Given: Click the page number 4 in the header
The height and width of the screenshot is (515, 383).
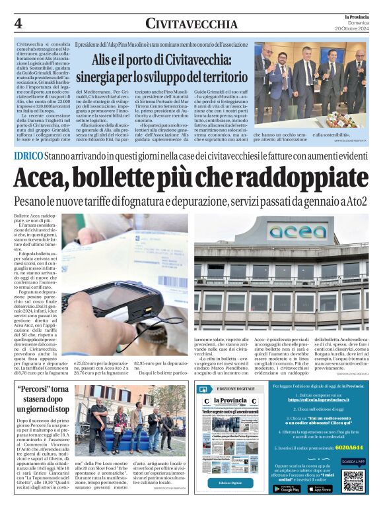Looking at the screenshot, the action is point(18,22).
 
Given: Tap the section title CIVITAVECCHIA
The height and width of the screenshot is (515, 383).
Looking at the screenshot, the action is point(191,24).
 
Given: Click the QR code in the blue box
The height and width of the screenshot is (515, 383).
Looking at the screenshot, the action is point(353,481).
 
